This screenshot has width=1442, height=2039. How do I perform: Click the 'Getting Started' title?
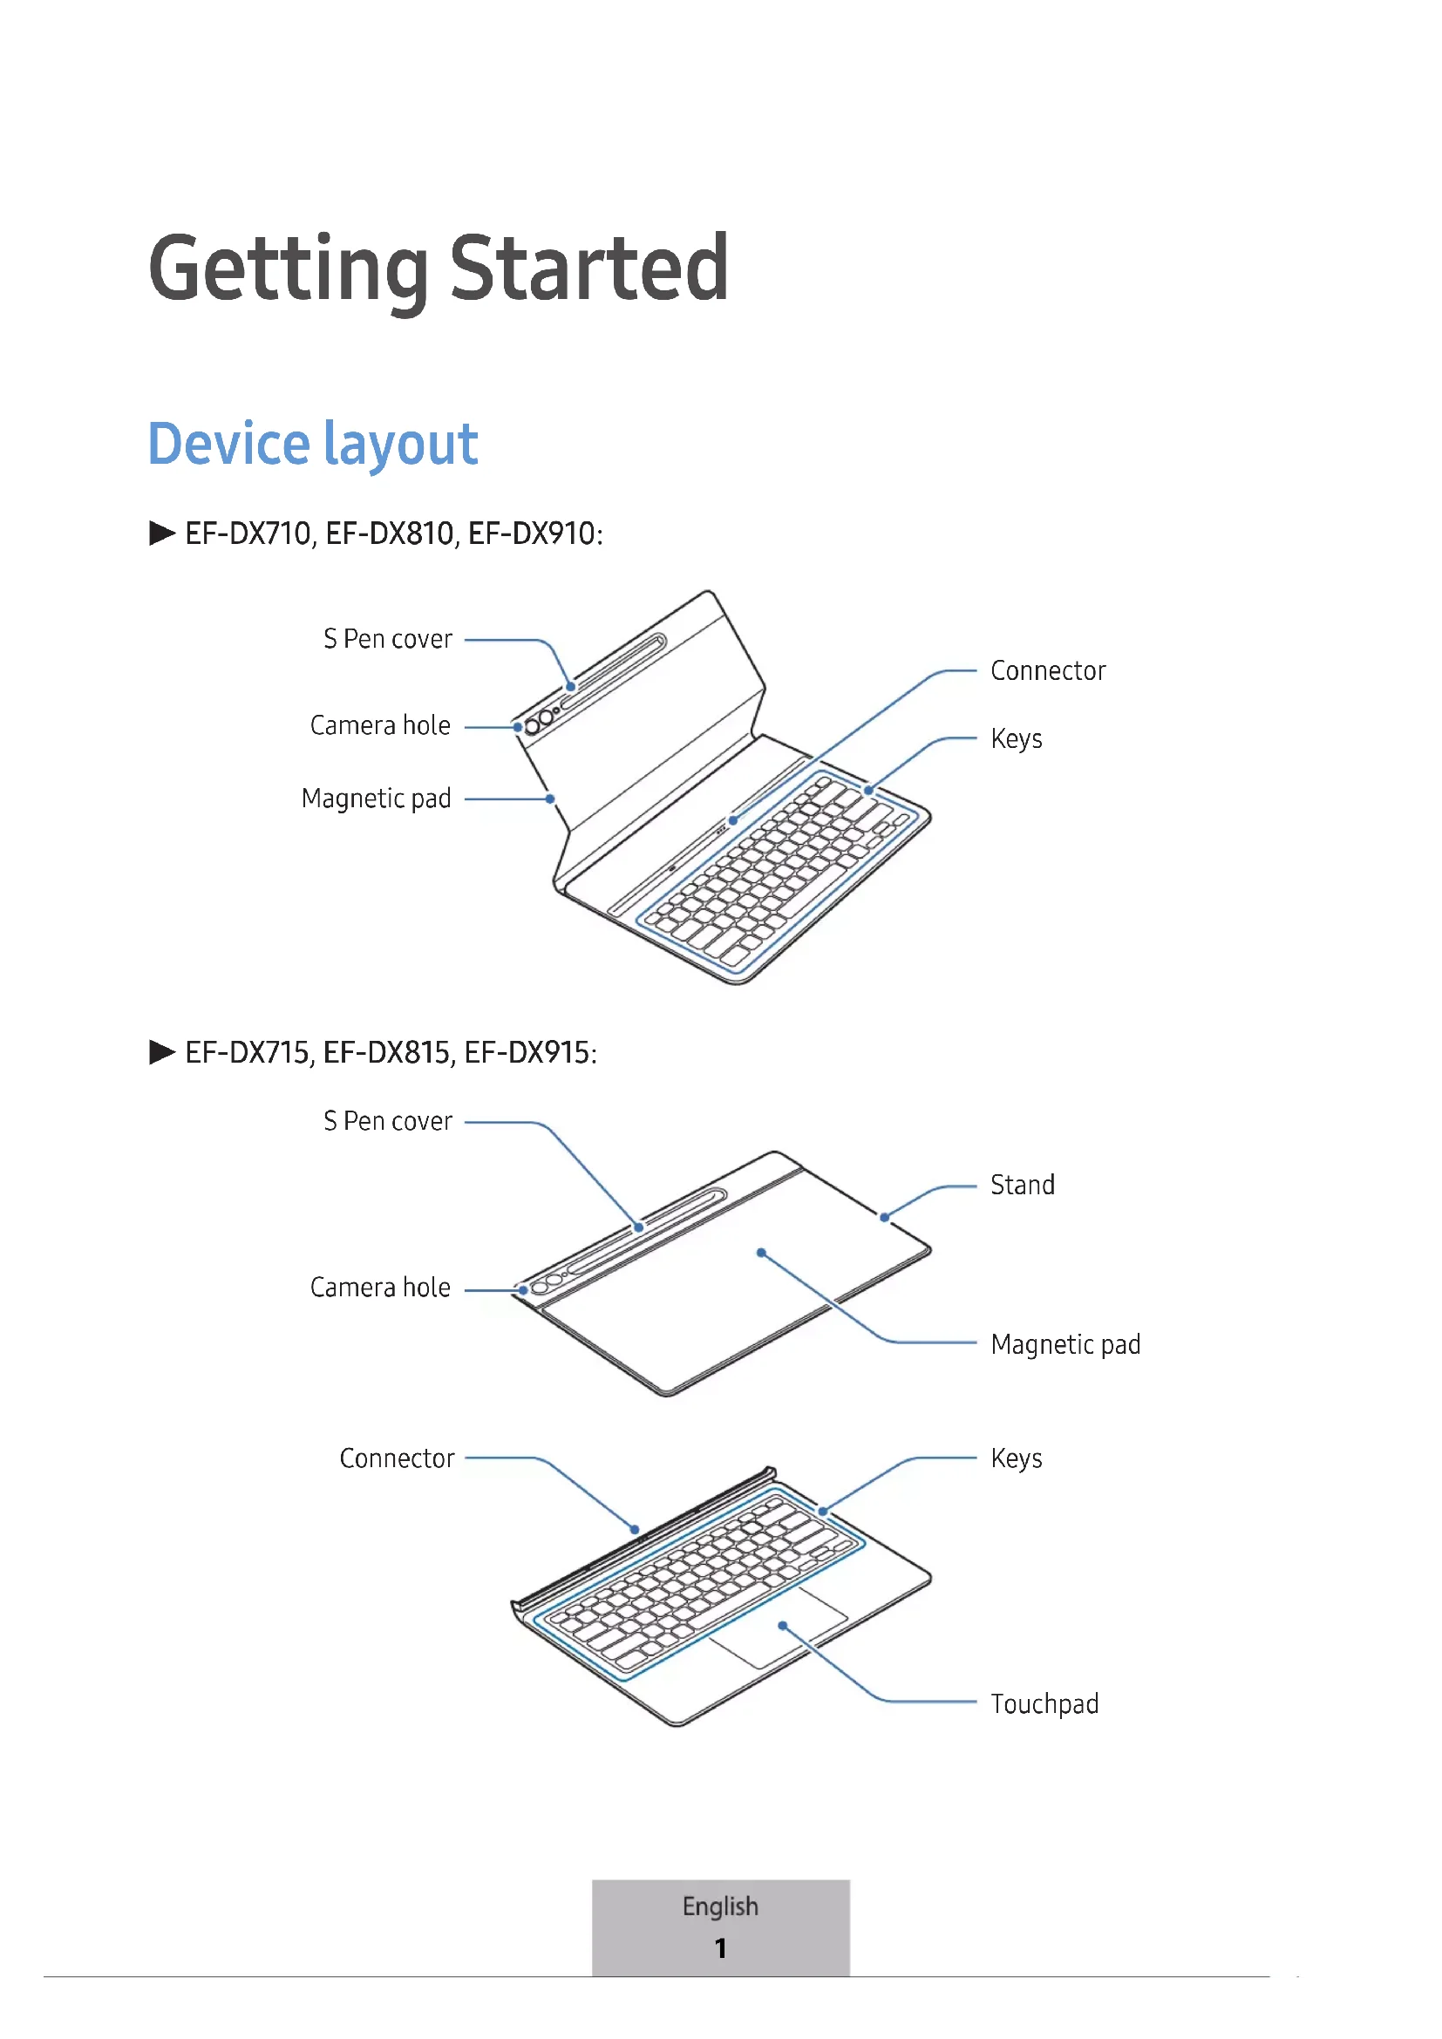click(439, 268)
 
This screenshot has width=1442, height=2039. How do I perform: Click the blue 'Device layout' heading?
click(313, 443)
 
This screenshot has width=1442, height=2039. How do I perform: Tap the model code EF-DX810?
click(389, 534)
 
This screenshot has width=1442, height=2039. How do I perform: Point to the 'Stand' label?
click(1022, 1185)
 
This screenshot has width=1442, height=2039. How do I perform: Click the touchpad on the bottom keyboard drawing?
click(779, 1627)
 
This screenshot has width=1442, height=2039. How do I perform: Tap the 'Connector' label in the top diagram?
click(1048, 670)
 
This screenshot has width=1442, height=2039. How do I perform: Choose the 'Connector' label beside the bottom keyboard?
click(397, 1458)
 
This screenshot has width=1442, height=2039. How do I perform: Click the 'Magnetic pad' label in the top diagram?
click(377, 799)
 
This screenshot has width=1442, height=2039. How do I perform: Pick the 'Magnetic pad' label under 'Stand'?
click(1065, 1344)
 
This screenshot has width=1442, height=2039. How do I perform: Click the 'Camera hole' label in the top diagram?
click(380, 725)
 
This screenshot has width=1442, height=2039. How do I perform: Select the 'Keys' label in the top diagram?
click(1016, 739)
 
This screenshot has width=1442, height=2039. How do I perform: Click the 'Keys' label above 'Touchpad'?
click(1016, 1458)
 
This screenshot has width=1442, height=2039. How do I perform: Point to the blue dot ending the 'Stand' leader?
click(884, 1218)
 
